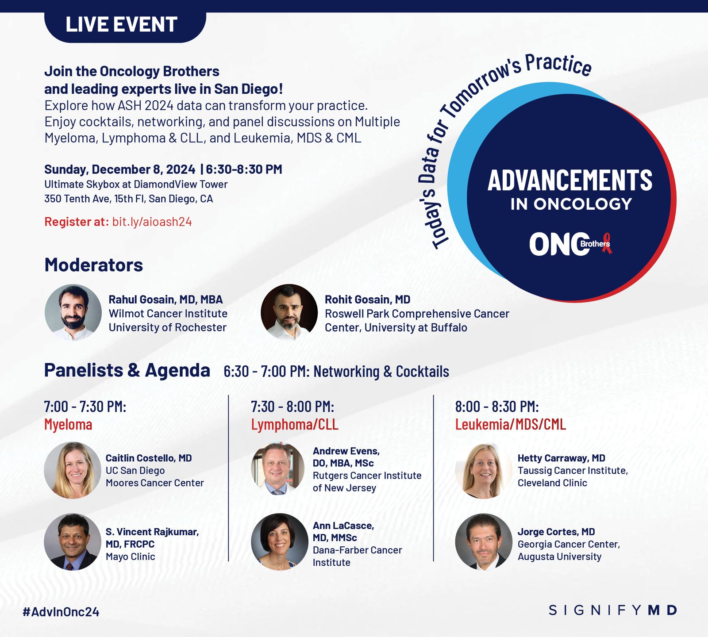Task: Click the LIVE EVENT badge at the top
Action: (x=125, y=27)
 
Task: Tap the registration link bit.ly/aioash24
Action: (x=152, y=222)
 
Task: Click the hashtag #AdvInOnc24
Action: (x=61, y=612)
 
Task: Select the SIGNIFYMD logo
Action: (x=613, y=610)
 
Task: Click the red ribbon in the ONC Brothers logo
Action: (x=607, y=243)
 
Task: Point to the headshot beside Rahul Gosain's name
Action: (x=73, y=312)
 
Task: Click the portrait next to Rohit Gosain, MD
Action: (x=289, y=312)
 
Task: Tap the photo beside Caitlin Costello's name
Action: (x=73, y=470)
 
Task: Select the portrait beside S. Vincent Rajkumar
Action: (x=73, y=542)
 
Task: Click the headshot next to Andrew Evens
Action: (x=278, y=469)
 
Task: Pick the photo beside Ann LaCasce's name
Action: (x=280, y=542)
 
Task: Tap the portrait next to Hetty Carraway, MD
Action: (x=484, y=470)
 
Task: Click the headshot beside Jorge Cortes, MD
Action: (x=484, y=542)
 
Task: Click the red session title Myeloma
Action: (x=68, y=425)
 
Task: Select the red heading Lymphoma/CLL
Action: (x=295, y=425)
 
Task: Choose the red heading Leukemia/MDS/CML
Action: (x=511, y=425)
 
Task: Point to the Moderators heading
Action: (x=94, y=265)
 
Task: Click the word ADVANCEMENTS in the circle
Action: (x=570, y=180)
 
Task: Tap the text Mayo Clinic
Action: (x=131, y=556)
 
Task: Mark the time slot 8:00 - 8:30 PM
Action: (x=497, y=407)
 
